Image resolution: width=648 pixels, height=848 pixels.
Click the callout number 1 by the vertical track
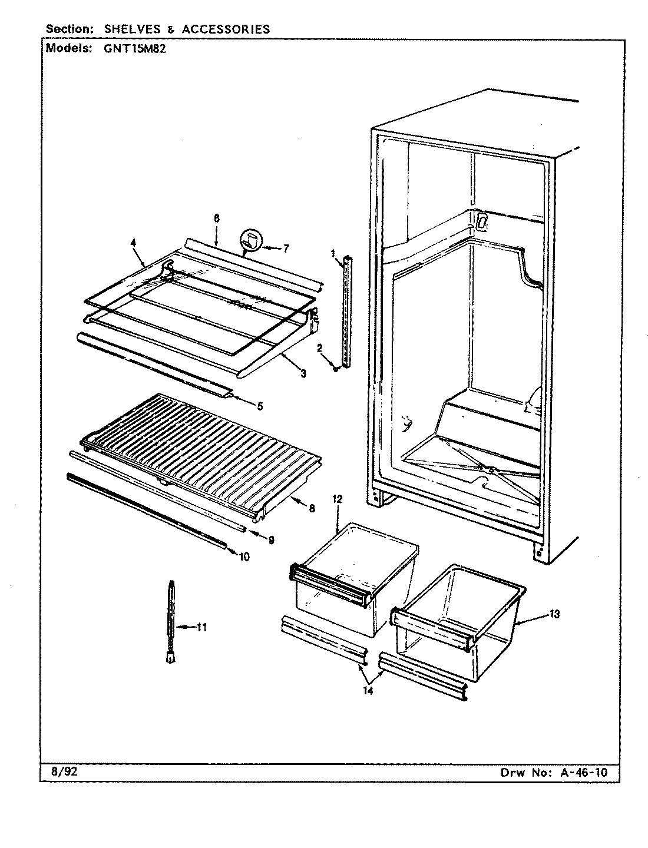coord(333,254)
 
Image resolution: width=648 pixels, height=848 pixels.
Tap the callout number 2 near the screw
coord(319,349)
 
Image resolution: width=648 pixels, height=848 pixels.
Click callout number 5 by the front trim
coord(260,406)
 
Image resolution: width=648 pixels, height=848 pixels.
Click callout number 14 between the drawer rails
coord(368,691)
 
